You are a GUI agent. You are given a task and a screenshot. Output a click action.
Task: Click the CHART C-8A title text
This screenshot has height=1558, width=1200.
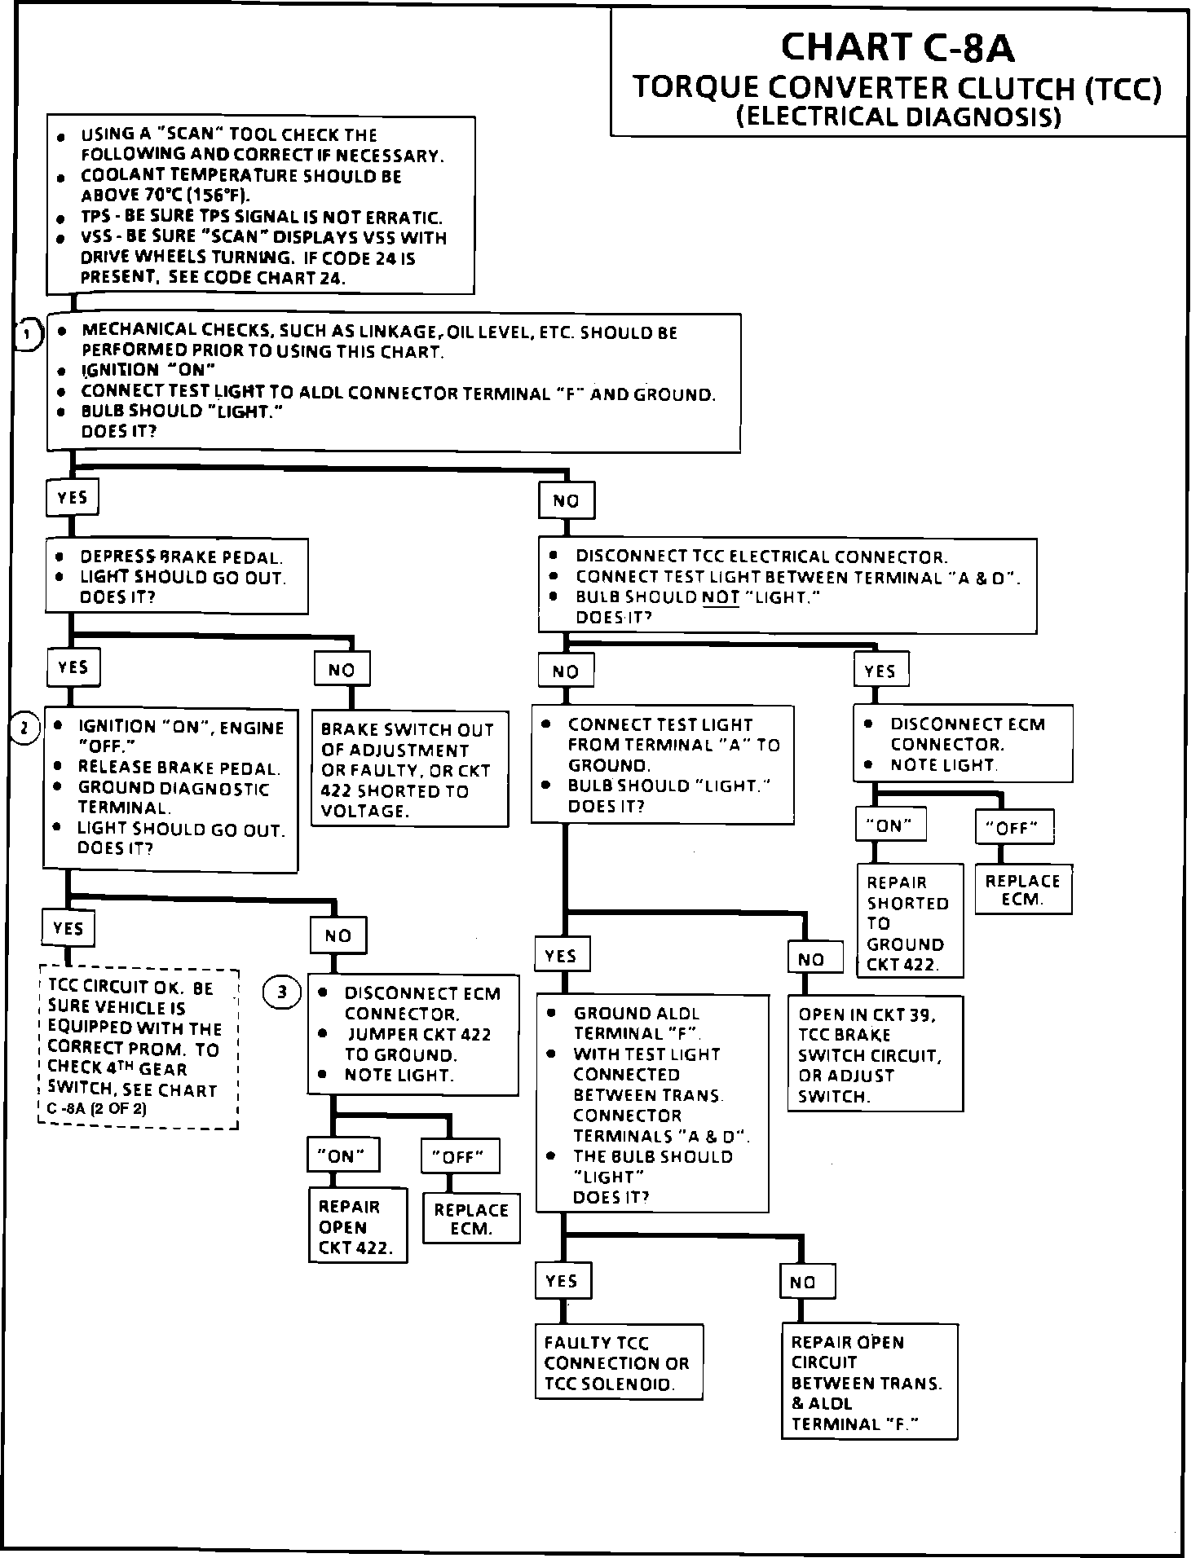click(x=898, y=48)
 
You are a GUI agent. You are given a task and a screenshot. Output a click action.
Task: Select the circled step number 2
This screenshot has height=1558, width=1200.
click(x=24, y=728)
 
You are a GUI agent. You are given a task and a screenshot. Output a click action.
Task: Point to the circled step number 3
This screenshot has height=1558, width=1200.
click(x=282, y=992)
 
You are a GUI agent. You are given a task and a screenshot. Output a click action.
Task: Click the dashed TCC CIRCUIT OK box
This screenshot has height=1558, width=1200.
click(x=139, y=1048)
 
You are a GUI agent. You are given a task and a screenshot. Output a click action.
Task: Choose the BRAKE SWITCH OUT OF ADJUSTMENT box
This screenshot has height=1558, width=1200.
click(x=409, y=769)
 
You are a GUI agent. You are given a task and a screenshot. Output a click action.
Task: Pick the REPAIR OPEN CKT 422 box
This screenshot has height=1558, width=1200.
click(x=357, y=1225)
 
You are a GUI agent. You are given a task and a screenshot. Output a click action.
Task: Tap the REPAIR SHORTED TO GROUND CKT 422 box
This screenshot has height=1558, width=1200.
click(x=910, y=921)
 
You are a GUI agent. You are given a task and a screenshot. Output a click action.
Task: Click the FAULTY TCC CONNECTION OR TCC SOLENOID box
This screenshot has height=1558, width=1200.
click(x=618, y=1362)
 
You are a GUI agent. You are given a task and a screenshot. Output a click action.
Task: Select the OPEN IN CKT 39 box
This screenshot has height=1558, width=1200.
click(x=875, y=1054)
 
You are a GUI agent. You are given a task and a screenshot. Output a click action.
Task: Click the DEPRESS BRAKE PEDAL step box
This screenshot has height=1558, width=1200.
click(x=177, y=576)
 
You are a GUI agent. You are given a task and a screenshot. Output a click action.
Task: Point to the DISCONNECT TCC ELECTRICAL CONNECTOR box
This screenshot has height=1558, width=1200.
click(x=787, y=586)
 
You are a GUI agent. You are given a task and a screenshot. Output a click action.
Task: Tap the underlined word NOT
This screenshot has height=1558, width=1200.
click(x=720, y=597)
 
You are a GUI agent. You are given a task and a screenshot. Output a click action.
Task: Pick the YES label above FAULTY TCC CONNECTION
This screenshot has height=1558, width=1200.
click(x=562, y=1281)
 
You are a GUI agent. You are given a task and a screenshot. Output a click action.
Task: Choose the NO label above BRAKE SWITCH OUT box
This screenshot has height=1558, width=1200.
click(x=342, y=670)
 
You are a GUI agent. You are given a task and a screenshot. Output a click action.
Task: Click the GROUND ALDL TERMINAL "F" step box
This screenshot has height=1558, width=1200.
click(x=651, y=1103)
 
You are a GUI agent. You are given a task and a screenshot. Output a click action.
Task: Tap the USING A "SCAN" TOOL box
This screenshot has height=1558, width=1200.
click(x=261, y=205)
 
